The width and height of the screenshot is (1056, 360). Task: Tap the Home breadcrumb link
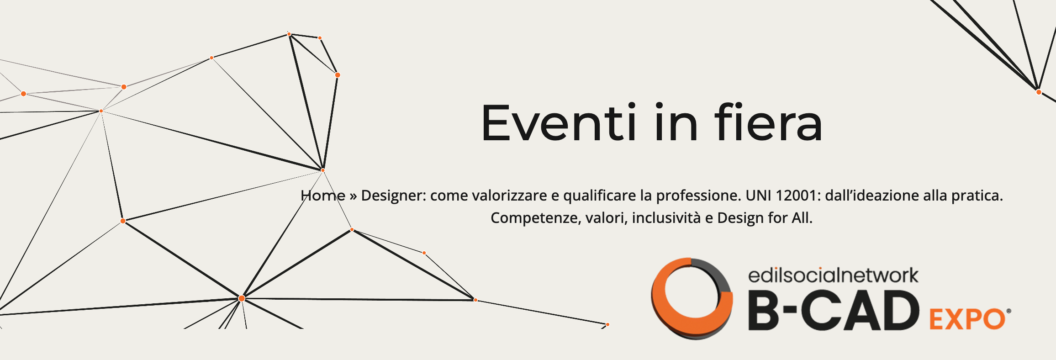323,196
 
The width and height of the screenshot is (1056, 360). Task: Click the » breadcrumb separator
353,196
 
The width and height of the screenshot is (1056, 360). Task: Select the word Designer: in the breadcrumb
393,196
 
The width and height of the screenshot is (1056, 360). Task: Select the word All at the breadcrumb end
802,218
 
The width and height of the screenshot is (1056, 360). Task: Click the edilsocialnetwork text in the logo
833,275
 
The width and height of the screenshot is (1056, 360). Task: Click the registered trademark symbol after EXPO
1008,312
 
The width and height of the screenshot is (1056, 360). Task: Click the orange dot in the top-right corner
1039,92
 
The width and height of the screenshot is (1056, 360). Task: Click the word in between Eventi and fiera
676,122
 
